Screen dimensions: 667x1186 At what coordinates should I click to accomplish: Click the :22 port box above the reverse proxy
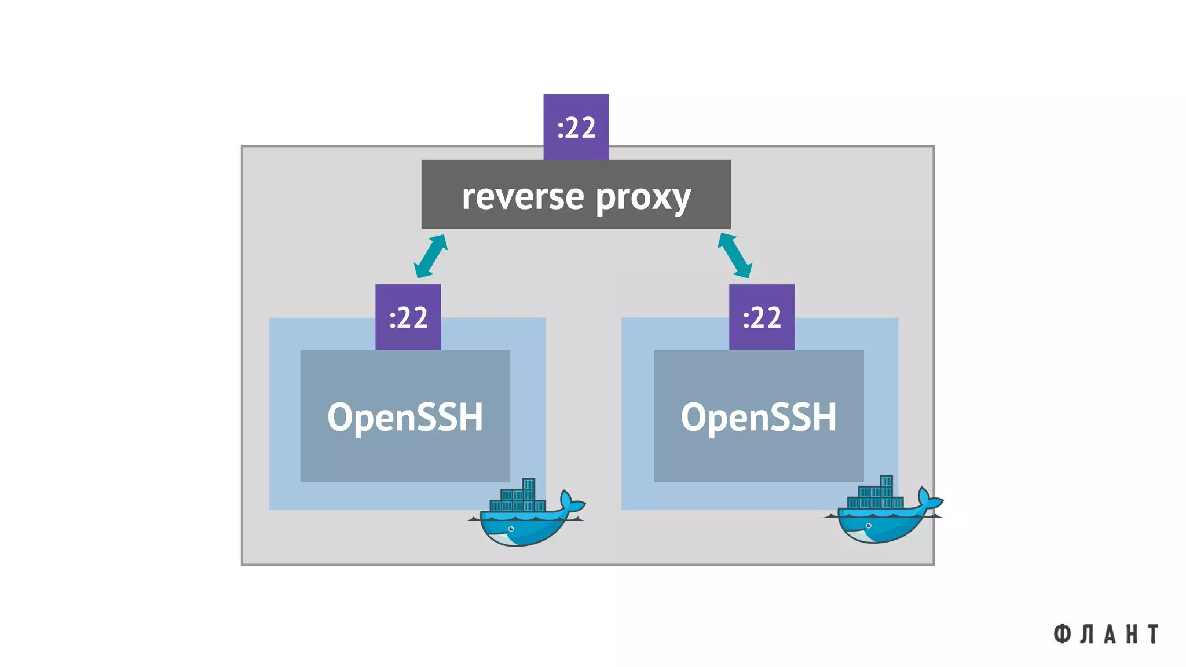click(576, 127)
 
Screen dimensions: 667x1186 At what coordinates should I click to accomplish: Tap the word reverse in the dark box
click(522, 197)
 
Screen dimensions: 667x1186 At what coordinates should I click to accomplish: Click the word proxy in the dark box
click(643, 198)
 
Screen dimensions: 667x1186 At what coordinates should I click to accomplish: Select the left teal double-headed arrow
click(430, 256)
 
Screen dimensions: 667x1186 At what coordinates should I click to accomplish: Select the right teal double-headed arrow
click(734, 255)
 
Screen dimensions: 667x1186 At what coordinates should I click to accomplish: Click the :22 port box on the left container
click(408, 317)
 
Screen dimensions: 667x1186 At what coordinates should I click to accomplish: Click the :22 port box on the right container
click(762, 317)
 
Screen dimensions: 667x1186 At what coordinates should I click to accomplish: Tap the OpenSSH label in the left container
click(405, 416)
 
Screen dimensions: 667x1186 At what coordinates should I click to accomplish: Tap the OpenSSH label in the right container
click(759, 416)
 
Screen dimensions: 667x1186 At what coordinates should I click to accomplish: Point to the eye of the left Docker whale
click(511, 529)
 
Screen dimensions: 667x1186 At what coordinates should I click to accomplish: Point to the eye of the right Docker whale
click(868, 526)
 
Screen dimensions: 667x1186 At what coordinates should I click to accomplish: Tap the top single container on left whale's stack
click(528, 484)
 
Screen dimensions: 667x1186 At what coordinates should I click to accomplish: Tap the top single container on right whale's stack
click(886, 481)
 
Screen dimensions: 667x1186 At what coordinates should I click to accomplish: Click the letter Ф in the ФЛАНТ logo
click(1061, 634)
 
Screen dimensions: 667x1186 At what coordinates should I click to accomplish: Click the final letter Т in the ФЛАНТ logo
click(1154, 634)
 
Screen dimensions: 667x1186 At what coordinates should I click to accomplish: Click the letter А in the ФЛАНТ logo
click(1110, 634)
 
